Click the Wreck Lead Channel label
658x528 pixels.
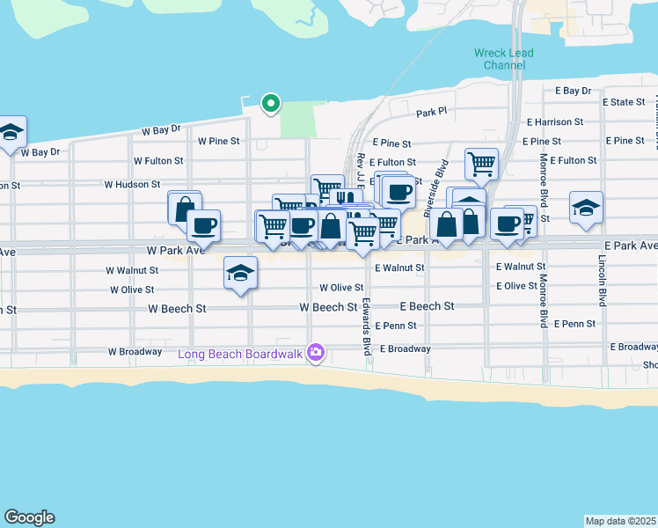[x=503, y=59]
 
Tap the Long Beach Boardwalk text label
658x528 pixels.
[x=240, y=354]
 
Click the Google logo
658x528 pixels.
[x=29, y=517]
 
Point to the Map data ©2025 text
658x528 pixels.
[x=620, y=520]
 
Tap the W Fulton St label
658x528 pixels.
[x=158, y=161]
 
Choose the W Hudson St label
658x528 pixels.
[x=132, y=185]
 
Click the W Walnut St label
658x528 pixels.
[x=132, y=270]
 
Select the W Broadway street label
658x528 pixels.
[x=135, y=351]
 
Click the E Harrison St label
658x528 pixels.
[x=554, y=121]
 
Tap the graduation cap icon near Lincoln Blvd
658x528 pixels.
[x=586, y=208]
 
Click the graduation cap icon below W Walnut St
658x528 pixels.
[x=239, y=272]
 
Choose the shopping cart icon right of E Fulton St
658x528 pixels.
[x=481, y=162]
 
